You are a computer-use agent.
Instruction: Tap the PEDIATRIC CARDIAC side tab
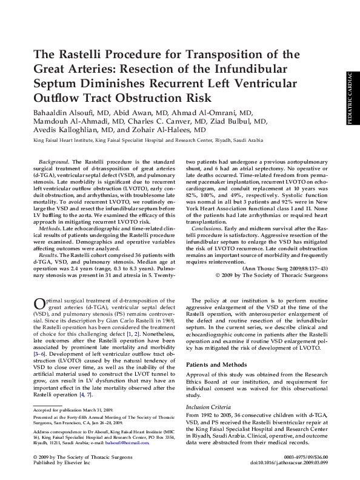tap(350, 99)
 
